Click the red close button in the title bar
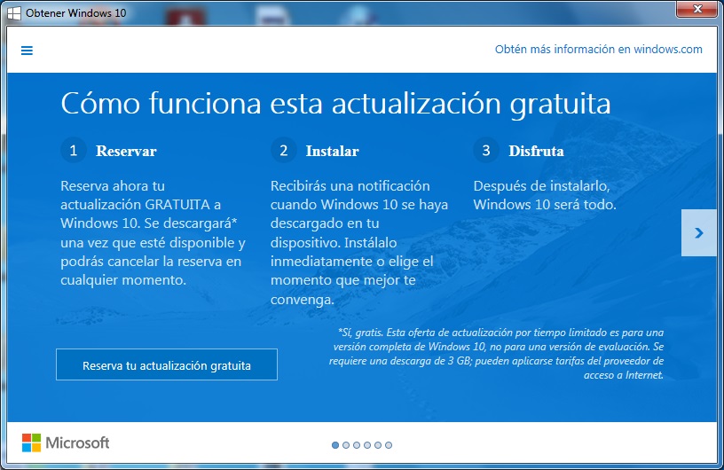tap(697, 9)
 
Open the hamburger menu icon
tap(27, 51)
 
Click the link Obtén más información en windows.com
tap(598, 50)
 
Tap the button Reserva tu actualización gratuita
tap(167, 364)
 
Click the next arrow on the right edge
tap(698, 232)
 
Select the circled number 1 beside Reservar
tap(74, 151)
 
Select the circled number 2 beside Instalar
tap(284, 151)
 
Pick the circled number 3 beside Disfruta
tap(485, 151)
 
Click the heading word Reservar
tap(126, 151)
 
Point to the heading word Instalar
tap(332, 151)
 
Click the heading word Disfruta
tap(536, 151)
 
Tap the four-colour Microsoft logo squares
tap(31, 443)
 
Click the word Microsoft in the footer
tap(77, 443)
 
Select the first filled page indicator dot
tap(335, 445)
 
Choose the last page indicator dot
tap(389, 445)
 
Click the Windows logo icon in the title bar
tap(14, 13)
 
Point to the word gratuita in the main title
tap(560, 104)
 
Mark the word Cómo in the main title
tap(100, 103)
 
